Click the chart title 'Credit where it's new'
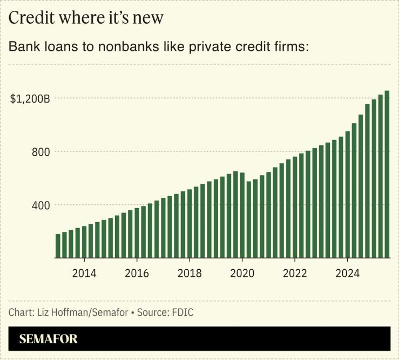click(x=86, y=18)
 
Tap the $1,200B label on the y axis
click(x=30, y=99)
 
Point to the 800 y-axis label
click(x=40, y=152)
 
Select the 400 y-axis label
click(x=40, y=205)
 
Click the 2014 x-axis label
click(x=84, y=273)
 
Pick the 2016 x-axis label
click(x=137, y=273)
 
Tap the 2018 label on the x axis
click(x=190, y=273)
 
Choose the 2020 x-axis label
click(x=242, y=273)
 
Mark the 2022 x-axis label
click(x=295, y=273)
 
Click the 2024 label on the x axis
click(x=348, y=273)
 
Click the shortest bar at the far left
click(x=58, y=246)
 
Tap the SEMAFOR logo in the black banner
click(x=49, y=339)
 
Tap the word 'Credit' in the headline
click(x=30, y=18)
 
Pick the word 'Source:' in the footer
click(x=153, y=313)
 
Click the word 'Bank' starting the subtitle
click(x=22, y=46)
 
